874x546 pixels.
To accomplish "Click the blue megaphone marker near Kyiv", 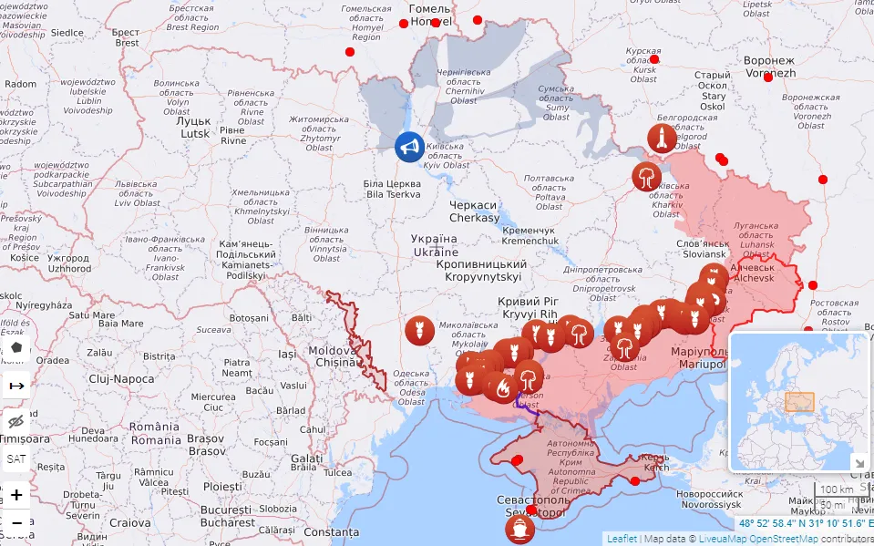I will click(x=409, y=147).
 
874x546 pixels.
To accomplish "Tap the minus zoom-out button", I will click(x=16, y=524).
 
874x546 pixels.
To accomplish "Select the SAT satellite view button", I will click(x=16, y=458).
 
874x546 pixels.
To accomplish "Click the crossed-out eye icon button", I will click(x=16, y=421).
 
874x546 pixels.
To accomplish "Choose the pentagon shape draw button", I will click(x=16, y=348).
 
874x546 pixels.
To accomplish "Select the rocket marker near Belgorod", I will click(x=662, y=138).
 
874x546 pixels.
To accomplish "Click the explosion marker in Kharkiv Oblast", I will click(x=647, y=176).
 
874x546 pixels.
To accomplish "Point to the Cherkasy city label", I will click(x=474, y=211).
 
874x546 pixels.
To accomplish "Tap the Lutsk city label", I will click(x=194, y=127).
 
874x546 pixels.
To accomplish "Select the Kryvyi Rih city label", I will click(x=528, y=308).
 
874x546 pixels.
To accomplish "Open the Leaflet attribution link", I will click(x=622, y=539).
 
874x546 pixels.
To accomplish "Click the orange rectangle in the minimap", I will click(x=799, y=402).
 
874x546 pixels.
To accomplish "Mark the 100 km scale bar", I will click(x=835, y=490).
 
